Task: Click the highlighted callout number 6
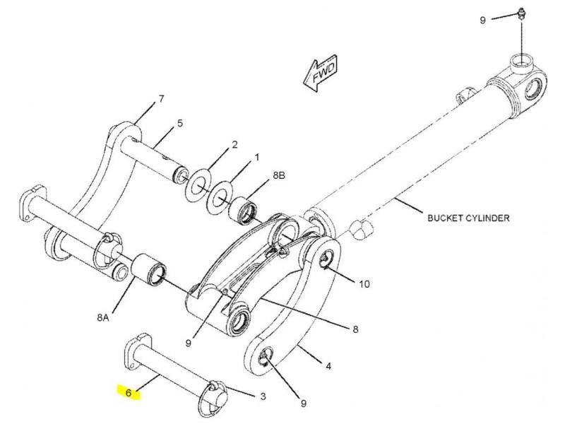(129, 393)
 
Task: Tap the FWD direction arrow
(321, 73)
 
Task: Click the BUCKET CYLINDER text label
(468, 218)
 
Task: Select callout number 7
(161, 98)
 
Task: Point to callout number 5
(180, 123)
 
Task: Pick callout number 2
(234, 145)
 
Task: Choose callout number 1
(257, 158)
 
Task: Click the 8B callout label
(279, 175)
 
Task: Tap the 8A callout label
(102, 317)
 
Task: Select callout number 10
(364, 284)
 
